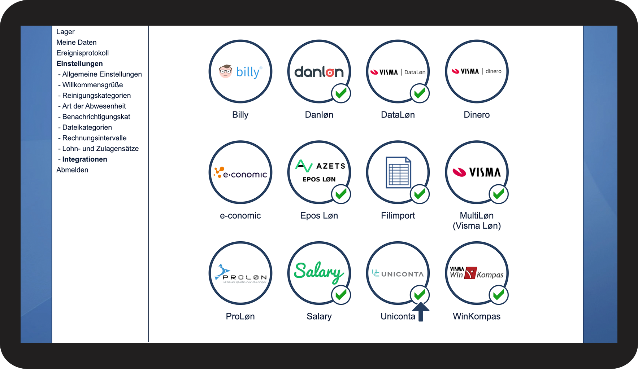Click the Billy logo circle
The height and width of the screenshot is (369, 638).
click(x=240, y=71)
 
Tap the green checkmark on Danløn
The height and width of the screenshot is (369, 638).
click(x=341, y=93)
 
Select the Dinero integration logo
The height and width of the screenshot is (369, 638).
click(x=477, y=71)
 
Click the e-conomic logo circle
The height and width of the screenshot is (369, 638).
click(x=240, y=172)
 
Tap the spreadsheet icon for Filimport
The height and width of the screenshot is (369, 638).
click(x=398, y=172)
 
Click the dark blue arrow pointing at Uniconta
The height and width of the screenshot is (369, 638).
click(x=421, y=312)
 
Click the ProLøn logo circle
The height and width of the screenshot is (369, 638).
click(x=240, y=273)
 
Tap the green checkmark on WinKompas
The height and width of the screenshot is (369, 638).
click(x=499, y=295)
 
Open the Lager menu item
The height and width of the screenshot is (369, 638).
click(x=65, y=32)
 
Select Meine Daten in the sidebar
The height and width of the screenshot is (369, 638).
click(x=76, y=42)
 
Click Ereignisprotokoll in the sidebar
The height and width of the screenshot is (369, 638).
click(x=82, y=53)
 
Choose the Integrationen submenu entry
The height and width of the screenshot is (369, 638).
click(x=84, y=159)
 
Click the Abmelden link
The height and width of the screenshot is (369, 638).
click(x=72, y=170)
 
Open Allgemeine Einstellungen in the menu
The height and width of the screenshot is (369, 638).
click(x=102, y=74)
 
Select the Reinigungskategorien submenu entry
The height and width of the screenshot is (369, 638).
click(x=96, y=96)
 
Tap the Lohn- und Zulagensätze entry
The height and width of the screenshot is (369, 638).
click(x=100, y=149)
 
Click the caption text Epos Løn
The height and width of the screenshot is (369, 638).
click(x=319, y=216)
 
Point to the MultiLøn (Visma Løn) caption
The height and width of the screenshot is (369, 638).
click(x=477, y=220)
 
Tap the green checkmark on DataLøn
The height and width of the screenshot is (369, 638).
click(x=420, y=93)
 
